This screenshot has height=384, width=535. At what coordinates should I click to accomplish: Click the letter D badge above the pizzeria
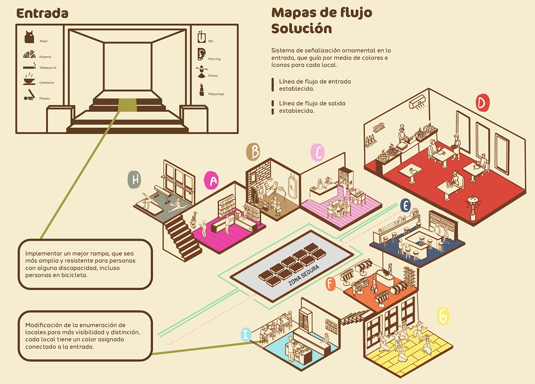[x=482, y=103]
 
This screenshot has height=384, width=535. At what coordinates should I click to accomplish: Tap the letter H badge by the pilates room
[x=134, y=180]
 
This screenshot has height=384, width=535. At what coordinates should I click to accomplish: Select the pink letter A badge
[x=212, y=180]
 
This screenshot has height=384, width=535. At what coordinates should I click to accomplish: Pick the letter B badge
[x=253, y=152]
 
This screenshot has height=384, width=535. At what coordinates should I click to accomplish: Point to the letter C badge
[x=318, y=152]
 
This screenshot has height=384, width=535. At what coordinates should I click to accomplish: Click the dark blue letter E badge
[x=406, y=206]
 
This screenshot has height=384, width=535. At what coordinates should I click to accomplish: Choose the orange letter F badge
[x=331, y=284]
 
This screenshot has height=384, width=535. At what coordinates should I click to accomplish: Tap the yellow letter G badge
[x=443, y=316]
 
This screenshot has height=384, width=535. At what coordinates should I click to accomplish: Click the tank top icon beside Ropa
[x=29, y=37]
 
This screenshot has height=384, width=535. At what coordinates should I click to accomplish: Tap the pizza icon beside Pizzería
[x=29, y=55]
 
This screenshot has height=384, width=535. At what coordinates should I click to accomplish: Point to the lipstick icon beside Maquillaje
[x=202, y=90]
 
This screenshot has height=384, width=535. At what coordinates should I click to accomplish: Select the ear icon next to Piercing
[x=201, y=54]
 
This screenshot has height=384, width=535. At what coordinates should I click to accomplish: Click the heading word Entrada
[x=42, y=13]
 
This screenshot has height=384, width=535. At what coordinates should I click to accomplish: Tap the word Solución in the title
[x=301, y=29]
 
